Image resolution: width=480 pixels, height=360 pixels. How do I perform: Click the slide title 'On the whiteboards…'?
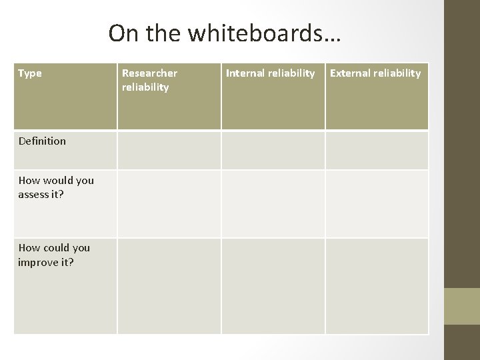224,33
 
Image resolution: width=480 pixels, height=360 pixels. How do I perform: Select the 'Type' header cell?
30,73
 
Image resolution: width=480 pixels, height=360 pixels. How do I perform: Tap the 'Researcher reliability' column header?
149,80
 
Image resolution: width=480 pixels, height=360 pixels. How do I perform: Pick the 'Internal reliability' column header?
271,73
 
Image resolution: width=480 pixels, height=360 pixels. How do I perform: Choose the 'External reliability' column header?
376,73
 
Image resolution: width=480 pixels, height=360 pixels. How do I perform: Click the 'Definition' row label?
42,141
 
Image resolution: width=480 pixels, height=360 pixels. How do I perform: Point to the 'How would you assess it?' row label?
56,187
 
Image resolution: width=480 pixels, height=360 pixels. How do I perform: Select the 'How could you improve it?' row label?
55,255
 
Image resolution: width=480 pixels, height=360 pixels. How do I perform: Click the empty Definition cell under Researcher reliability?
169,150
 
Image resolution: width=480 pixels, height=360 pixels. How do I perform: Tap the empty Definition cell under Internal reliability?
273,150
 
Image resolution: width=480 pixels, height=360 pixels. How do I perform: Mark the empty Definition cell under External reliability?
377,150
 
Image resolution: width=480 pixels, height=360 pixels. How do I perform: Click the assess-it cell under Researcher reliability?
169,203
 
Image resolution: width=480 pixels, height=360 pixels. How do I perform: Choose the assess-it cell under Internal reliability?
273,203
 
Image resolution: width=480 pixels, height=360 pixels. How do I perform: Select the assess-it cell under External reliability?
377,203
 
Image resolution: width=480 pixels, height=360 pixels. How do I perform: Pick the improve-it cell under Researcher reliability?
169,285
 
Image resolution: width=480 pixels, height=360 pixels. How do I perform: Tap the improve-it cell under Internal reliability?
273,285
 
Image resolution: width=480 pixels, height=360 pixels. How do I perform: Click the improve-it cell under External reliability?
377,285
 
